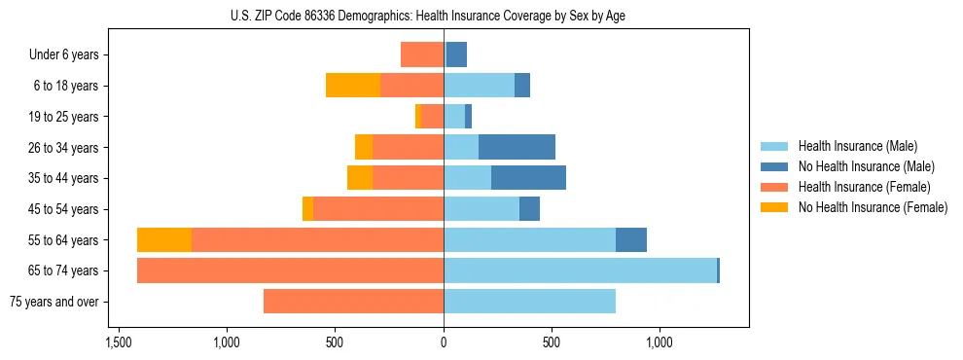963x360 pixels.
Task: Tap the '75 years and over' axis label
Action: tap(53, 302)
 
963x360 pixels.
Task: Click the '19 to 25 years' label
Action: tap(63, 117)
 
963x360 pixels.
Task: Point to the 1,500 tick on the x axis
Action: tap(119, 342)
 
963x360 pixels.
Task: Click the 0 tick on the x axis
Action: tap(444, 342)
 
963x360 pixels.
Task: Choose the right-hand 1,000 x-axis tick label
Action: tap(660, 342)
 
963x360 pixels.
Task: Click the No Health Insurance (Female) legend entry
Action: tap(873, 207)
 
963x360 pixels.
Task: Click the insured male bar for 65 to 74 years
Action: tap(580, 270)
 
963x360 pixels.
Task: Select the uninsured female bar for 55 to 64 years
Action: tap(164, 240)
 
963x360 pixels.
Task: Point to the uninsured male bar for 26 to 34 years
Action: tap(517, 148)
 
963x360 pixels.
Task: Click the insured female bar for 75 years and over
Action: tap(353, 302)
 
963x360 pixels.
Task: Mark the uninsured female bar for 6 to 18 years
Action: tap(353, 86)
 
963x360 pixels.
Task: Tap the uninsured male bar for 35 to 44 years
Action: tap(528, 178)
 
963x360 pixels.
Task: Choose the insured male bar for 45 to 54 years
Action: tap(481, 209)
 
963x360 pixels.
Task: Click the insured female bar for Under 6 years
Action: tap(422, 55)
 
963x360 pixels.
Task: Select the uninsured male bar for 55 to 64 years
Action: tap(631, 240)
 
